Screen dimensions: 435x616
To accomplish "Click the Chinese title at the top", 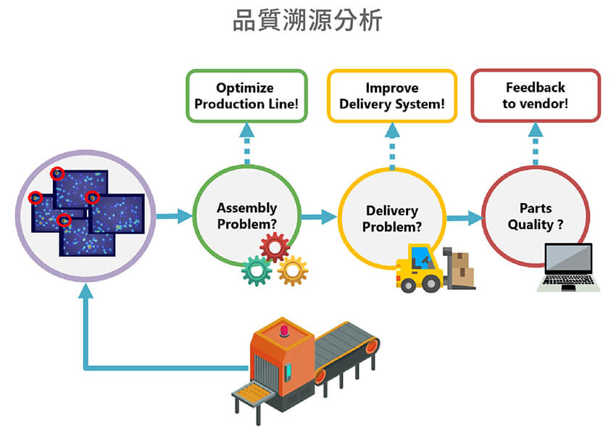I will [307, 21].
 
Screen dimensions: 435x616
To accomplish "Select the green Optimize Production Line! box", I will [246, 96].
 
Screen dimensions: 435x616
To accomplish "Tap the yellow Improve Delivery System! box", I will [392, 96].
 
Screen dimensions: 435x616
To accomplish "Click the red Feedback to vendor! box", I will [536, 95].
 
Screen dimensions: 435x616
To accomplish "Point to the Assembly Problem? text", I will [247, 216].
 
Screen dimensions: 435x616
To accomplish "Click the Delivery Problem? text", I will [392, 218].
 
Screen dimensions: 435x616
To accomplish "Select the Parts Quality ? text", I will [536, 216].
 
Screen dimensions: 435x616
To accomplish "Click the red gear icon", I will [275, 247].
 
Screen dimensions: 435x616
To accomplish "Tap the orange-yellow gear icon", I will [293, 270].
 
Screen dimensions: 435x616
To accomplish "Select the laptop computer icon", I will [569, 267].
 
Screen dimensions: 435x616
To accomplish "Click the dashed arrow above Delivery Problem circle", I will [392, 145].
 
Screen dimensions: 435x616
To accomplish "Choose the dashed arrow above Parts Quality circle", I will [536, 144].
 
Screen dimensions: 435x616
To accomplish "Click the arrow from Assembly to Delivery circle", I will [319, 216].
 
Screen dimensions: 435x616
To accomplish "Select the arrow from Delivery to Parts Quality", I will [465, 217].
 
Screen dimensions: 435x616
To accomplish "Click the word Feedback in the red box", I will [536, 87].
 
